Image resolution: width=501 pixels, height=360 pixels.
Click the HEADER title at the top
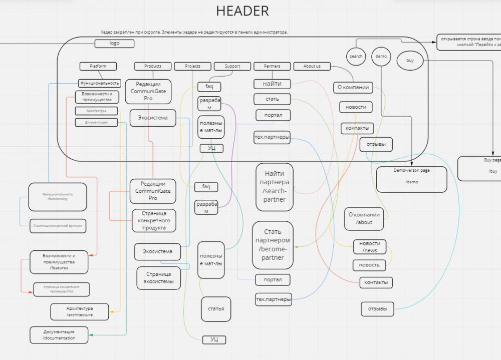coord(242,11)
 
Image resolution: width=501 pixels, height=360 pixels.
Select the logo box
coord(114,44)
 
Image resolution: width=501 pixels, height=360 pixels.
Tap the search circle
coord(356,57)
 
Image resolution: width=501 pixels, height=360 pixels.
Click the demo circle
coord(381,57)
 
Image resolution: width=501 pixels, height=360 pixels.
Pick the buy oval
coord(410,61)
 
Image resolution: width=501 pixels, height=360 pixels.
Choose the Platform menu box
coord(98,66)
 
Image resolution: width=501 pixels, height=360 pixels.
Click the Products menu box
coord(153,66)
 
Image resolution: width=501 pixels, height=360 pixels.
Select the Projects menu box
coord(193,66)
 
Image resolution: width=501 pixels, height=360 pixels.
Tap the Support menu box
coord(232,66)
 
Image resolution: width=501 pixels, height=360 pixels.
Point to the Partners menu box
coord(273,66)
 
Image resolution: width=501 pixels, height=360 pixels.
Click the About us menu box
coord(312,66)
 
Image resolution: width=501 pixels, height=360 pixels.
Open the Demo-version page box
coord(411,179)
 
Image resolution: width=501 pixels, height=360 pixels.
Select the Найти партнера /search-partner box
coord(274,187)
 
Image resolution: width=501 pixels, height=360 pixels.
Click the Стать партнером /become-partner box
coord(273,245)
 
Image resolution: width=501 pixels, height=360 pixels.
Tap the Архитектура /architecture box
coord(79,311)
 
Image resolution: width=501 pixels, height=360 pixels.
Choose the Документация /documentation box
coord(59,335)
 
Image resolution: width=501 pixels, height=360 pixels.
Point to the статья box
coord(216,309)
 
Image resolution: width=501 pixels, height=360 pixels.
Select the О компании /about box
coord(364,219)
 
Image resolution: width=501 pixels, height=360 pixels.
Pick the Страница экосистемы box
coord(159,278)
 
